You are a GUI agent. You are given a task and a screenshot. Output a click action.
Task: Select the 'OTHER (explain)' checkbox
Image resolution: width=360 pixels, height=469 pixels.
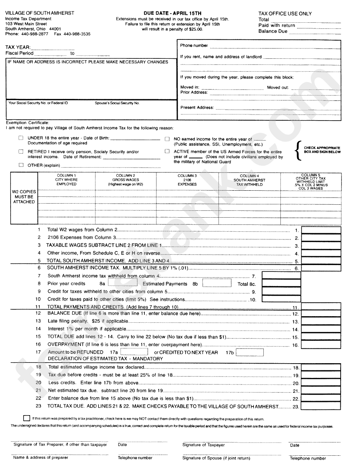click(21, 165)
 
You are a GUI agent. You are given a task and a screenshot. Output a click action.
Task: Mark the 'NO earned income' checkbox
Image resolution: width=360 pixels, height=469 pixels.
click(167, 139)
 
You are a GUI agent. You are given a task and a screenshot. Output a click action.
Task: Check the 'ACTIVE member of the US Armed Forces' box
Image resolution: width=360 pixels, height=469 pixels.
click(167, 151)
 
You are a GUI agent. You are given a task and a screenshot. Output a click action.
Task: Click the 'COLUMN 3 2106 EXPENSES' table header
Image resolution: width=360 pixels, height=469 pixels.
click(187, 180)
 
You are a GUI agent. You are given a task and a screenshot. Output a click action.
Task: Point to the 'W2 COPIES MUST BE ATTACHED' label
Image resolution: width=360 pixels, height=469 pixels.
click(24, 197)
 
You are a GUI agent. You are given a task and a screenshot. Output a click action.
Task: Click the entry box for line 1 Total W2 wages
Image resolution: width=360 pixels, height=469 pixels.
click(321, 230)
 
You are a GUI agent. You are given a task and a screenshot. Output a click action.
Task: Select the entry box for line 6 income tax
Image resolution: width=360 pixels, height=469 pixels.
click(321, 268)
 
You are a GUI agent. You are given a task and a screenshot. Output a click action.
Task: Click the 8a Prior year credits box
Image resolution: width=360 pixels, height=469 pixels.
click(122, 283)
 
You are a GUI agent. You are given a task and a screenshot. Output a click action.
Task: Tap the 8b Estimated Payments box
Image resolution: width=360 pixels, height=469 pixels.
click(217, 283)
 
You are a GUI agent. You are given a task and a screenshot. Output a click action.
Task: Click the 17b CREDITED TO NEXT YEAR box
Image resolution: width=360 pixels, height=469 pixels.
click(250, 352)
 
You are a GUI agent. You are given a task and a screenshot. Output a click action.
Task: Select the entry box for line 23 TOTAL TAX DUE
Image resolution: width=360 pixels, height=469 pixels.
click(321, 406)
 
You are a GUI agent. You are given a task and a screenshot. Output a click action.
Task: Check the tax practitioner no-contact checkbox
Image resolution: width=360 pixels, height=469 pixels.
click(26, 418)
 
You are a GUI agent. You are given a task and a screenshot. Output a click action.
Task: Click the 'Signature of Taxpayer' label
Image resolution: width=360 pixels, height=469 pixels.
click(203, 445)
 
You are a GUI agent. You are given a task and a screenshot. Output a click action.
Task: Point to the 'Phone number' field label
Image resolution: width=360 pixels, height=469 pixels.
click(194, 45)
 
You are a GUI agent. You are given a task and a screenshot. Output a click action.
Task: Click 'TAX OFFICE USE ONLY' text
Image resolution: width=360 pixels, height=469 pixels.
click(285, 14)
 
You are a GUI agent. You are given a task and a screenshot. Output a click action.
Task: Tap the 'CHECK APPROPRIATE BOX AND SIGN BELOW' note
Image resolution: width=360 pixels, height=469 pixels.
click(322, 150)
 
